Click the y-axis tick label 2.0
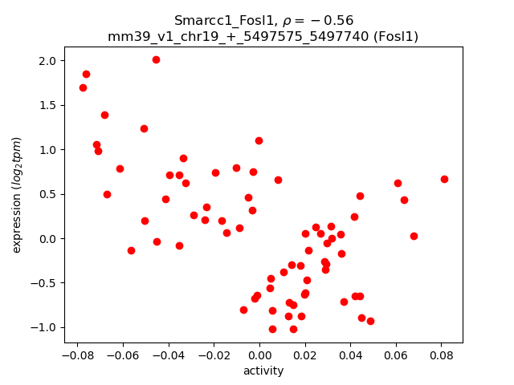(x=47, y=61)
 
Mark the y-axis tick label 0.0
(x=47, y=239)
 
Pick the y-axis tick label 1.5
(x=47, y=106)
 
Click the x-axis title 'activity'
(x=263, y=371)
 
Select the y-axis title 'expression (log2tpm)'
(x=17, y=195)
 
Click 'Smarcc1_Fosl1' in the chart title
(x=215, y=21)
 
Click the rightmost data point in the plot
(x=444, y=179)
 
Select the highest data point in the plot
(x=156, y=59)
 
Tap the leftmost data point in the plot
(x=83, y=87)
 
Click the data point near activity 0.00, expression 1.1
(x=259, y=140)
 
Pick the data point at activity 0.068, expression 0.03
(x=414, y=236)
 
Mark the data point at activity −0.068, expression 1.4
(x=104, y=115)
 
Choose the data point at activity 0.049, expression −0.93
(x=370, y=321)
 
